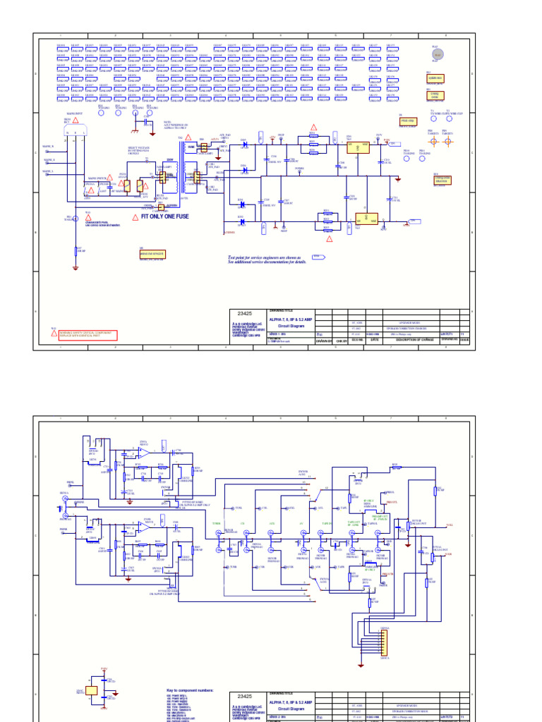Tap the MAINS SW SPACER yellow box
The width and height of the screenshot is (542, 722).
(x=152, y=254)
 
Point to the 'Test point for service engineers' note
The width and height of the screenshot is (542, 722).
(x=264, y=259)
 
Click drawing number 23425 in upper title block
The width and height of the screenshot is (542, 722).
(x=245, y=313)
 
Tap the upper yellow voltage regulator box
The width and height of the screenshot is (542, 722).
(x=359, y=147)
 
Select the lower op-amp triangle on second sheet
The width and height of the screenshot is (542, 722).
(x=144, y=530)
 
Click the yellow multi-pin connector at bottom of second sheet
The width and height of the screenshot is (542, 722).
(x=385, y=642)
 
